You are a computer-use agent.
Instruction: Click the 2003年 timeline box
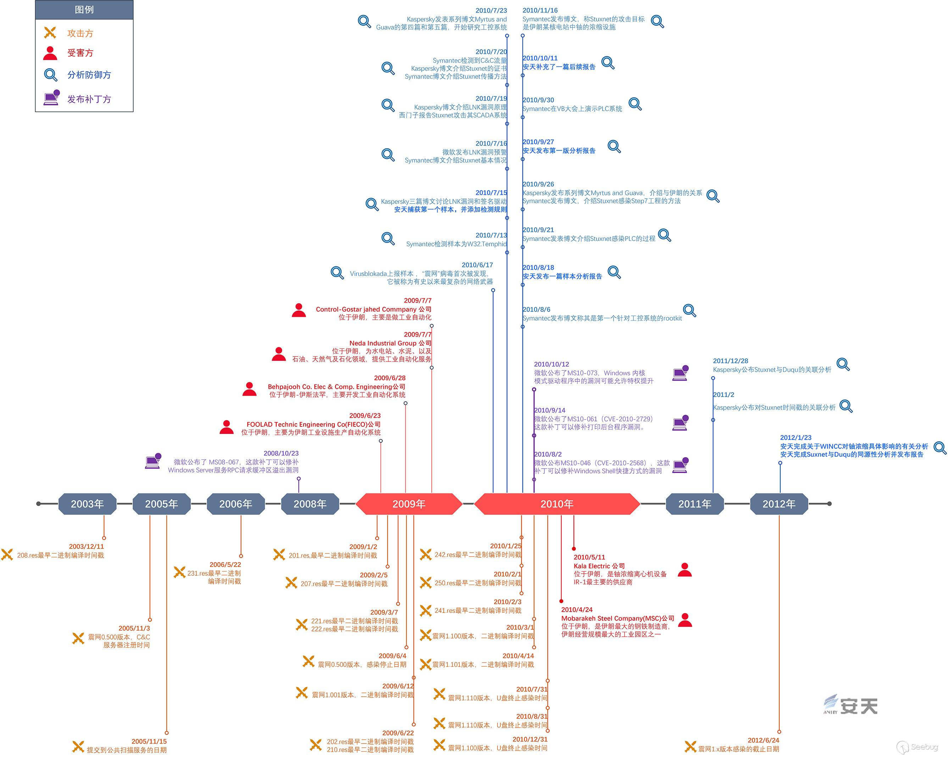pyautogui.click(x=87, y=504)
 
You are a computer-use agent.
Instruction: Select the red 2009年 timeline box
pyautogui.click(x=409, y=504)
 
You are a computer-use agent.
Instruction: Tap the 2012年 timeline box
pyautogui.click(x=779, y=504)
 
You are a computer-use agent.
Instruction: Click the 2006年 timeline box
pyautogui.click(x=236, y=504)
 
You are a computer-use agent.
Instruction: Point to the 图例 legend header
pyautogui.click(x=84, y=10)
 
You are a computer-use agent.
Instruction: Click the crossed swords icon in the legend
pyautogui.click(x=50, y=33)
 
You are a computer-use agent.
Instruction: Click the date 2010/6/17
pyautogui.click(x=477, y=265)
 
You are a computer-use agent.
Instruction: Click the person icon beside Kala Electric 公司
pyautogui.click(x=684, y=570)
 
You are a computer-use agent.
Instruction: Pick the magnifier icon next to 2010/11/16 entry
pyautogui.click(x=657, y=21)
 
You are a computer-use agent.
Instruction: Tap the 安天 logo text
pyautogui.click(x=859, y=706)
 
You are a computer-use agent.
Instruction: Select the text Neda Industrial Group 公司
pyautogui.click(x=390, y=343)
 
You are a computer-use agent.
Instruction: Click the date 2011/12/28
pyautogui.click(x=730, y=361)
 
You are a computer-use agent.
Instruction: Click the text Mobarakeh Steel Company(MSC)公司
pyautogui.click(x=617, y=618)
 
